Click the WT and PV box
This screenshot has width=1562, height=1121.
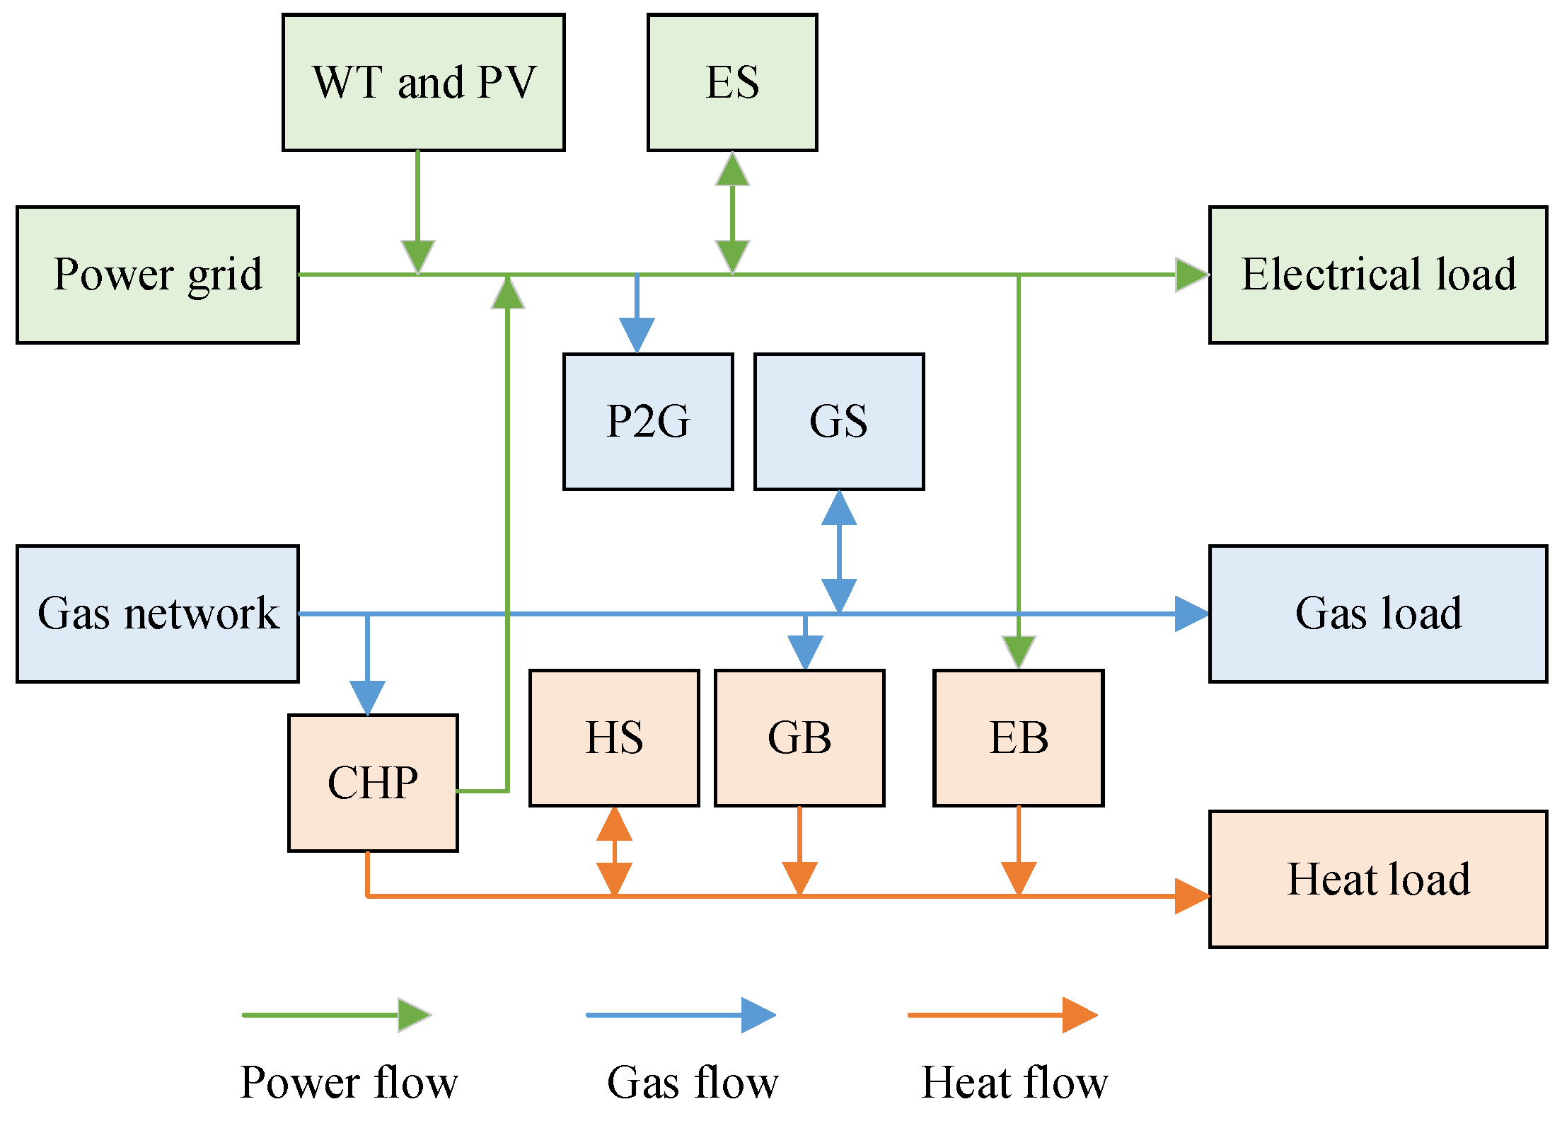[x=423, y=82]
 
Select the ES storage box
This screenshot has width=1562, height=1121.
[x=732, y=82]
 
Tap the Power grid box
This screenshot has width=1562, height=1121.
[x=157, y=275]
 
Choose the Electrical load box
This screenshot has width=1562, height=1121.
[x=1378, y=275]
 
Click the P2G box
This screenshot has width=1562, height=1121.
[x=648, y=421]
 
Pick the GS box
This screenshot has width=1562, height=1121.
[x=839, y=421]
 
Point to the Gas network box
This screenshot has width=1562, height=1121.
[x=157, y=614]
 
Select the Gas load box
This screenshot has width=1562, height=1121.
[x=1378, y=614]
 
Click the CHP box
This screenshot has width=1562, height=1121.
[x=373, y=783]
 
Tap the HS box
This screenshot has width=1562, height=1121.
[x=614, y=737]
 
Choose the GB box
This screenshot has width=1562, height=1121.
[x=799, y=737]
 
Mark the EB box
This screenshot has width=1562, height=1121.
[x=1018, y=737]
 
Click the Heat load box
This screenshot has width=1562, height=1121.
[x=1378, y=879]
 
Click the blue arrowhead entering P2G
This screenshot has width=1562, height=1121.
[x=637, y=334]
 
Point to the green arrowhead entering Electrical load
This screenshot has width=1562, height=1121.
[x=1191, y=275]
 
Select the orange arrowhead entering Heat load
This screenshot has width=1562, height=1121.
[x=1191, y=896]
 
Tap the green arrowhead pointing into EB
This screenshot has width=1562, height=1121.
[x=1018, y=651]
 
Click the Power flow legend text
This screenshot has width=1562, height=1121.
[x=349, y=1082]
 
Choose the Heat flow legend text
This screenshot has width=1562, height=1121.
[x=1014, y=1082]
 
